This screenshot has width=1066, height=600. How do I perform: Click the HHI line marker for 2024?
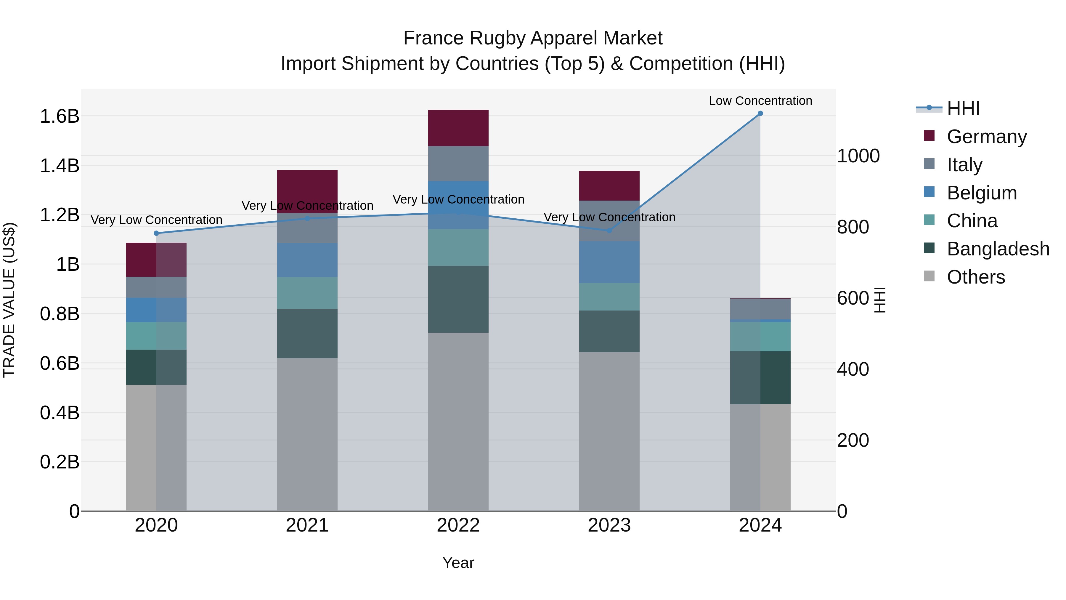(760, 113)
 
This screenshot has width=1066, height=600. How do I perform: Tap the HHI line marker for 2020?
(156, 233)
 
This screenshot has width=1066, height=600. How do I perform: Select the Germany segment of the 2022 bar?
(458, 128)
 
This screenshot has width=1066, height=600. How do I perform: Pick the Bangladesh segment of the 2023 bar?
(609, 331)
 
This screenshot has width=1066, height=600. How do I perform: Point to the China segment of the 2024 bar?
(760, 336)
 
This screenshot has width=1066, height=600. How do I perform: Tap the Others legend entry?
(975, 277)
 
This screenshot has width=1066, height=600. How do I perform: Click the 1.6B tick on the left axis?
(59, 116)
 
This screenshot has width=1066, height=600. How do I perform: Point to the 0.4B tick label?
(59, 413)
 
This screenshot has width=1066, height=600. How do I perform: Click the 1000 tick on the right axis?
(858, 156)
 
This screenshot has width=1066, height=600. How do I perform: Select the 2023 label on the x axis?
(609, 525)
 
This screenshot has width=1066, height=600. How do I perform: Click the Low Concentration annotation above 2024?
(760, 101)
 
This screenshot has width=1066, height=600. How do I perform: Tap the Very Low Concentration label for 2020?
(156, 220)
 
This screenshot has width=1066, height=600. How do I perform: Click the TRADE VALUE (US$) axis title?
(9, 300)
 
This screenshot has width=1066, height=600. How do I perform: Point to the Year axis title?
(458, 563)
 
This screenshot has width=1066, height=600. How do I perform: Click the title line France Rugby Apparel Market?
(533, 38)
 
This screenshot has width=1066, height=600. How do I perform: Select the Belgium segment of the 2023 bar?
(609, 262)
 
